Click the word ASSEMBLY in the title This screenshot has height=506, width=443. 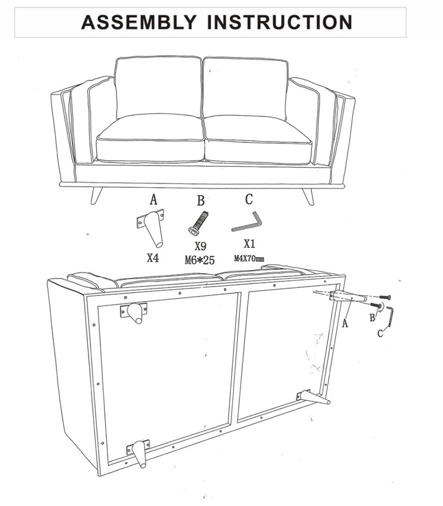pyautogui.click(x=139, y=22)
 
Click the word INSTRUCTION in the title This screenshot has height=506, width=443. pyautogui.click(x=280, y=22)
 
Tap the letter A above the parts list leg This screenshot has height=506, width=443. pyautogui.click(x=154, y=200)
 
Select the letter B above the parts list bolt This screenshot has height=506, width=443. pyautogui.click(x=201, y=201)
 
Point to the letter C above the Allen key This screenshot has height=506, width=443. pyautogui.click(x=249, y=199)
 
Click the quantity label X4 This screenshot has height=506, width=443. pyautogui.click(x=153, y=258)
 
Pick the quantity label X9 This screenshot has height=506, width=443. pyautogui.click(x=200, y=246)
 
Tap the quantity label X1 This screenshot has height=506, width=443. pyautogui.click(x=249, y=244)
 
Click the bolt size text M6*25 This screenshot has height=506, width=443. pyautogui.click(x=199, y=260)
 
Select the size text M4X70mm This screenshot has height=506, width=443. pyautogui.click(x=249, y=259)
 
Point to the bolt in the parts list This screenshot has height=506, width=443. pyautogui.click(x=198, y=223)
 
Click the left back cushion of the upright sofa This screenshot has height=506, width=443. pyautogui.click(x=158, y=87)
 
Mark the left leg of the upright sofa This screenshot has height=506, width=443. pyautogui.click(x=96, y=195)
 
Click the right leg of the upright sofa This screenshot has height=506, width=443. pyautogui.click(x=308, y=196)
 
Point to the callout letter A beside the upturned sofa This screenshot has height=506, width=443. pyautogui.click(x=345, y=323)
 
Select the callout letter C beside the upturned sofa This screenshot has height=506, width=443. pyautogui.click(x=380, y=333)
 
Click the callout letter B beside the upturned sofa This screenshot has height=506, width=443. pyautogui.click(x=372, y=318)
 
